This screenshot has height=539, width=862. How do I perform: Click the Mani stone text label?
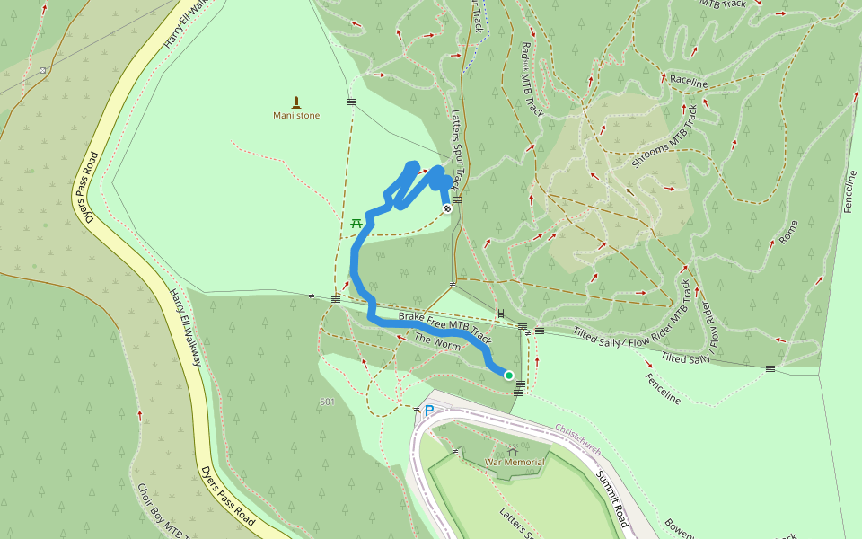(296, 115)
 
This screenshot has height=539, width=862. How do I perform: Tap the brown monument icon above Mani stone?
(296, 102)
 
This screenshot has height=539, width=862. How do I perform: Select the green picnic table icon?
(356, 222)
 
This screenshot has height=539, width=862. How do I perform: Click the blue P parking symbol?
(429, 411)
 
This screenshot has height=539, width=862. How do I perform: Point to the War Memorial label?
(514, 463)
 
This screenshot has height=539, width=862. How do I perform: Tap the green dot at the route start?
(508, 376)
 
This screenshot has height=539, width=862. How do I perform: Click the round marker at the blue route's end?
(446, 208)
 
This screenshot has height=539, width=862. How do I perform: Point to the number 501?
(326, 402)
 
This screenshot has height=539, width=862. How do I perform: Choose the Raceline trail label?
(689, 83)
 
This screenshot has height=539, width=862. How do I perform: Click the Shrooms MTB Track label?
(664, 137)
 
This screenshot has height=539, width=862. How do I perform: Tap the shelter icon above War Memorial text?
(513, 452)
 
